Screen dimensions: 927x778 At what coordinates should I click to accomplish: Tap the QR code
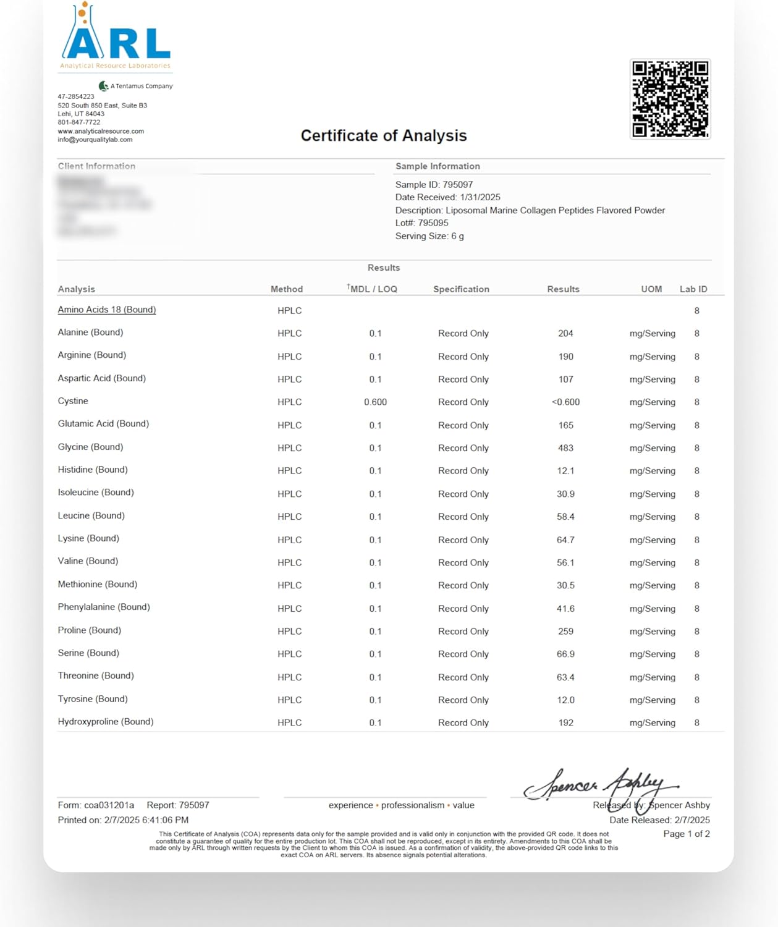(670, 99)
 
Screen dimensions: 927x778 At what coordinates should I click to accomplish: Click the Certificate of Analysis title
(384, 136)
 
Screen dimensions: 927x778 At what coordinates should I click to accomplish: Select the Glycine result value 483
(565, 448)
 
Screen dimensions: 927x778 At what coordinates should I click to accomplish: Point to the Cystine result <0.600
(565, 402)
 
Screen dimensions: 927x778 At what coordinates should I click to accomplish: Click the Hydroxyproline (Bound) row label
(106, 722)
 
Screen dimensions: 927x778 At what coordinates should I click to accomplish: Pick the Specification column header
(461, 289)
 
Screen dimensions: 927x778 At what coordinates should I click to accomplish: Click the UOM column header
(651, 289)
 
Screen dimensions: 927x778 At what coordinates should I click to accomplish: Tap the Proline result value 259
(565, 632)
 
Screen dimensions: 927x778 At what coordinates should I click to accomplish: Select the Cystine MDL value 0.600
(375, 402)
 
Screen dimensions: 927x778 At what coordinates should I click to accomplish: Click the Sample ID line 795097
(434, 185)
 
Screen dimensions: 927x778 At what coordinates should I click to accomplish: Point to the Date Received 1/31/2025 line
(447, 198)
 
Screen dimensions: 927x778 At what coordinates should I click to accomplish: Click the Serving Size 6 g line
(429, 237)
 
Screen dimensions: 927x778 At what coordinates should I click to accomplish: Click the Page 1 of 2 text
(686, 834)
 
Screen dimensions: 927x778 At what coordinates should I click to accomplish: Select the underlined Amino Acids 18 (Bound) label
(107, 310)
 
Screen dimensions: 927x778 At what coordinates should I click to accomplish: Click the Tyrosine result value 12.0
(565, 700)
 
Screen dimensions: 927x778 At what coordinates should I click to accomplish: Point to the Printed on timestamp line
(123, 820)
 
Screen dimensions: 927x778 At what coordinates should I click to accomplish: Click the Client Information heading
(96, 166)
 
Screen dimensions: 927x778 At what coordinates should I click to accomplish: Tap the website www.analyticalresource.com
(101, 131)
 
